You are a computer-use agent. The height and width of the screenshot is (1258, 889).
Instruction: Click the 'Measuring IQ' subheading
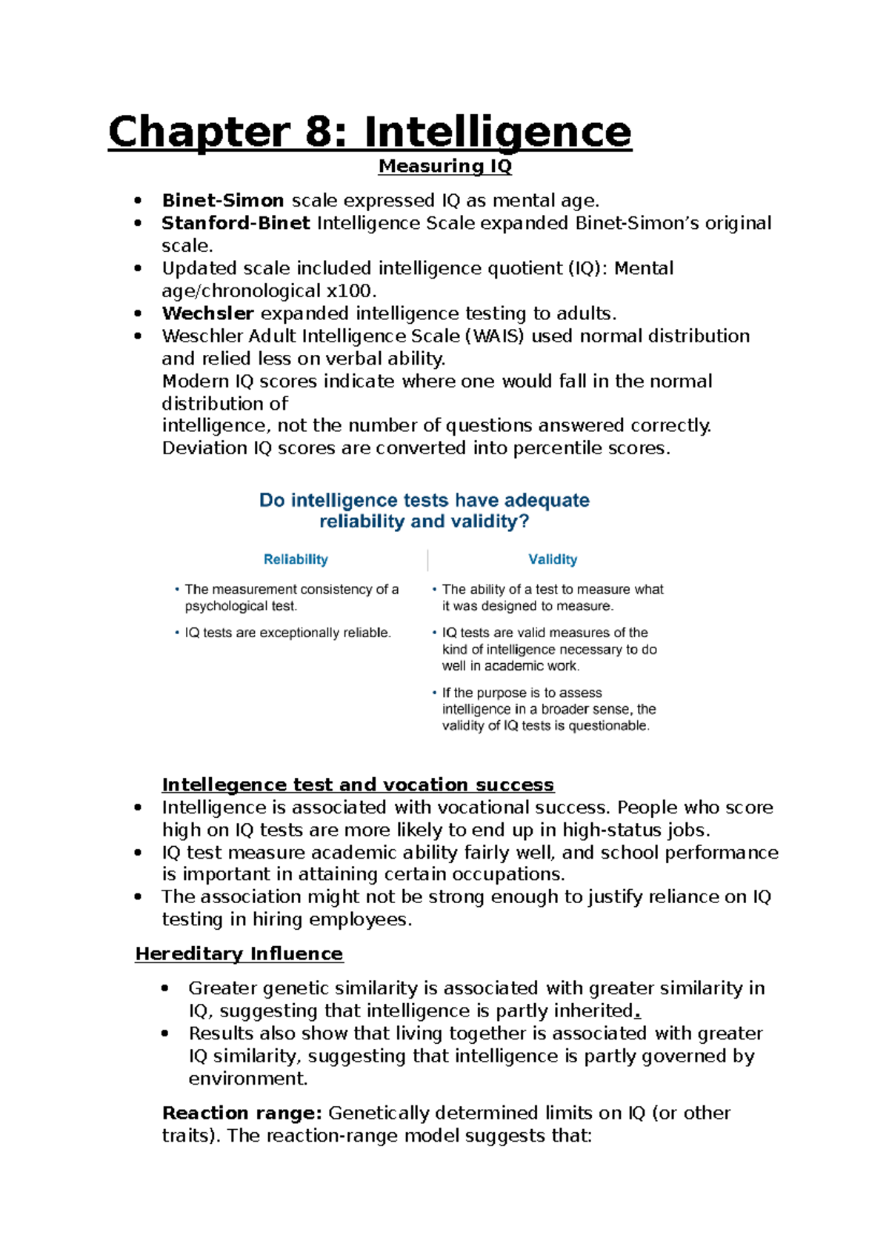coord(444,166)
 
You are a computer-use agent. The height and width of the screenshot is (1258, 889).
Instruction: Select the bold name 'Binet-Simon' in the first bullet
coord(223,201)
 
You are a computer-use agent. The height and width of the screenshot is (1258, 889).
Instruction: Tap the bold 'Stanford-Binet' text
coord(236,223)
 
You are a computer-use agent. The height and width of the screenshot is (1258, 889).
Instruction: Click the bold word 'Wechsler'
coord(208,313)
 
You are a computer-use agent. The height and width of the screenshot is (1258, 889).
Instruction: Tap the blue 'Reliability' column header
coord(296,559)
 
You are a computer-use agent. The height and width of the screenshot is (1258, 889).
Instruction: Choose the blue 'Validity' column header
coord(553,559)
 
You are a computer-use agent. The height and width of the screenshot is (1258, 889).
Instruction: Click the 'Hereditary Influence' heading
coord(239,954)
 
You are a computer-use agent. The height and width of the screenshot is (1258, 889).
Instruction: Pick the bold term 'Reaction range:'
coord(242,1113)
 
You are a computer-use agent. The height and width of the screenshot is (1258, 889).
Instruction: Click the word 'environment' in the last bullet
coord(247,1078)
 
